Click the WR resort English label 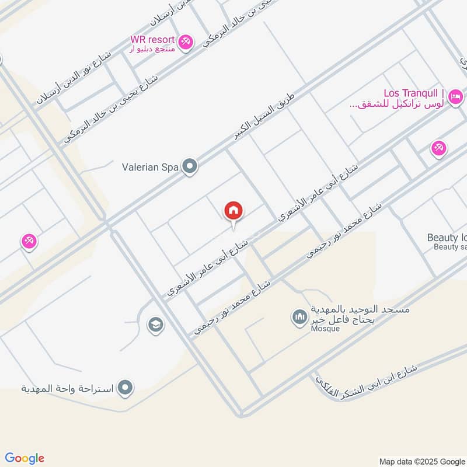[152, 39]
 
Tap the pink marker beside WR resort [186, 42]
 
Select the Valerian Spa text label [149, 168]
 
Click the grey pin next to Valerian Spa [189, 167]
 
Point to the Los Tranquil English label [414, 93]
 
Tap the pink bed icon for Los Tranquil [456, 95]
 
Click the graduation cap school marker [155, 325]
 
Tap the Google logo [25, 458]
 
